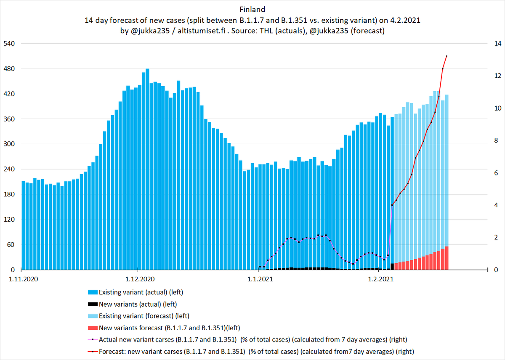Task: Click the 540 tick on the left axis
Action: point(10,44)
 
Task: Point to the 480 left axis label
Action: point(10,69)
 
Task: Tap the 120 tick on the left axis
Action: point(10,220)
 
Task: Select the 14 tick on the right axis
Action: point(497,44)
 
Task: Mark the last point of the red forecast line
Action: point(447,56)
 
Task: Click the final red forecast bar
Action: point(447,258)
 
